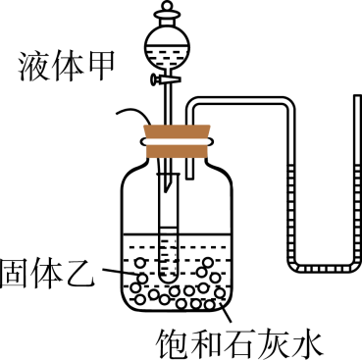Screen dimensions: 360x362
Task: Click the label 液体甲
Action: (63, 67)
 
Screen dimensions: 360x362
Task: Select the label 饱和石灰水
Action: (239, 341)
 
